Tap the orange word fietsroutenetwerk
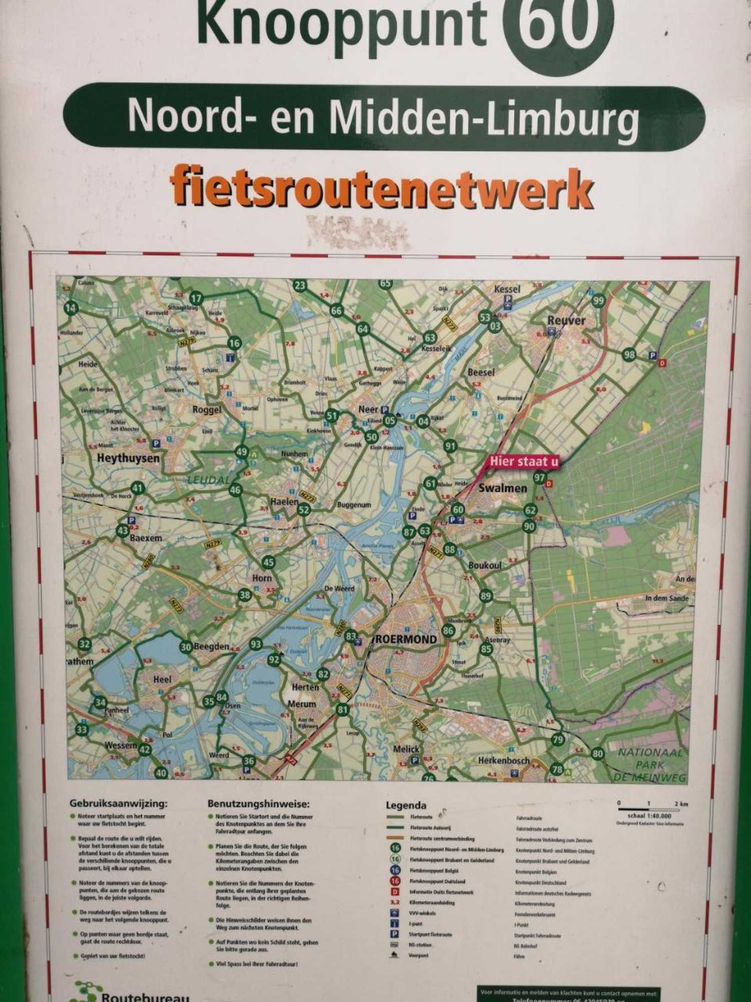click(382, 189)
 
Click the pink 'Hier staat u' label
click(524, 461)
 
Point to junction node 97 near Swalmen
click(539, 477)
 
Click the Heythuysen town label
click(128, 458)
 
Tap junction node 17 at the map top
click(196, 299)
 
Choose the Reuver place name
click(566, 320)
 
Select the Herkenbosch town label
click(503, 761)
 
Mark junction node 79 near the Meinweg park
click(558, 739)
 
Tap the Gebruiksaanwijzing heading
click(118, 804)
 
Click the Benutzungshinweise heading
click(258, 804)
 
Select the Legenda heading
click(406, 806)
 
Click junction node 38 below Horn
click(244, 595)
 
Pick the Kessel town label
click(507, 289)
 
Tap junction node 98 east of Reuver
click(629, 355)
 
